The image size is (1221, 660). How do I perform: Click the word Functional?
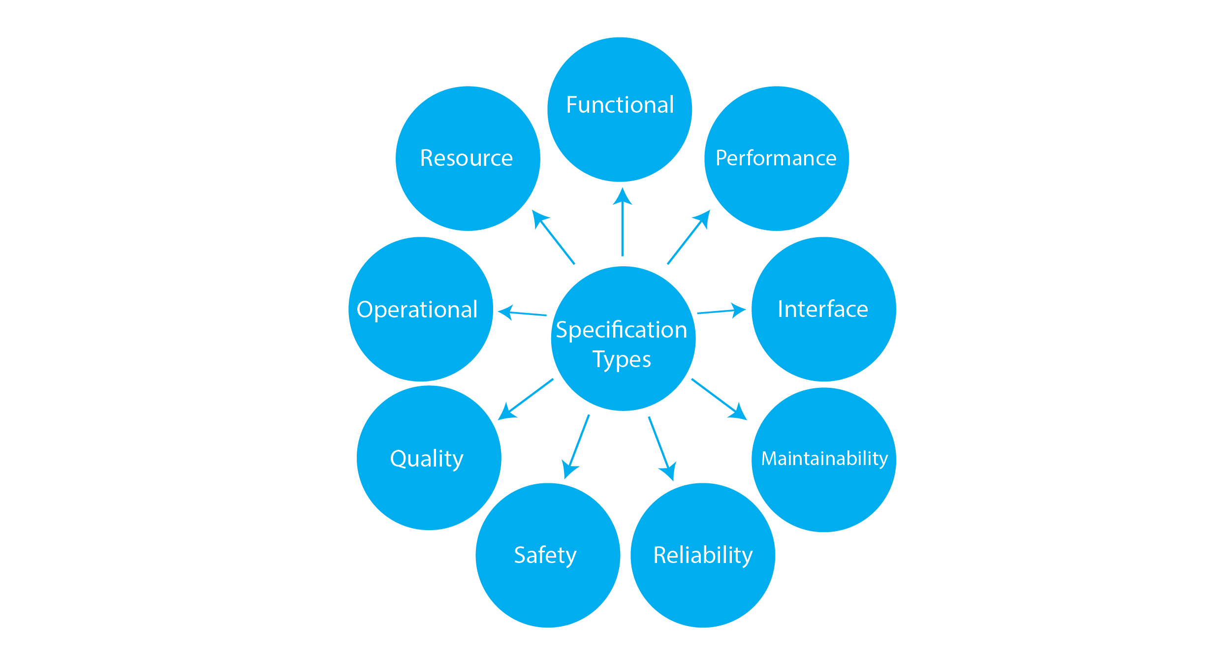620,105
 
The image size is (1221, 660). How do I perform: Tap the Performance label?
776,158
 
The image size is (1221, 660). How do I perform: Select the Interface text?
822,309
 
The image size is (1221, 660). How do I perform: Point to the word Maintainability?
824,458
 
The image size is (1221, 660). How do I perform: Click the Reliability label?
703,555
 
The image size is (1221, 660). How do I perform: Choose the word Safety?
545,555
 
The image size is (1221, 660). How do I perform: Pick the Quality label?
427,458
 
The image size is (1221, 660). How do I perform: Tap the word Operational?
417,310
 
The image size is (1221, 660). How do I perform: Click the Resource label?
466,158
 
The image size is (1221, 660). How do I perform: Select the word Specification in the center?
621,330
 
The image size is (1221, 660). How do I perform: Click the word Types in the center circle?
621,359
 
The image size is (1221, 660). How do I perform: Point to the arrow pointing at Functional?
622,221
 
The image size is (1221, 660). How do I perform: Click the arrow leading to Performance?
689,237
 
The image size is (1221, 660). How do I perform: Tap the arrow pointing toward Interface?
721,311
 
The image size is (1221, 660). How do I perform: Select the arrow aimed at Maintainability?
719,399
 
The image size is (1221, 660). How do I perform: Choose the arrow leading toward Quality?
526,399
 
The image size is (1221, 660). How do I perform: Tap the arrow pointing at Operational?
522,313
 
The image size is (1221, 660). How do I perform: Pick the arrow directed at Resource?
554,237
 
